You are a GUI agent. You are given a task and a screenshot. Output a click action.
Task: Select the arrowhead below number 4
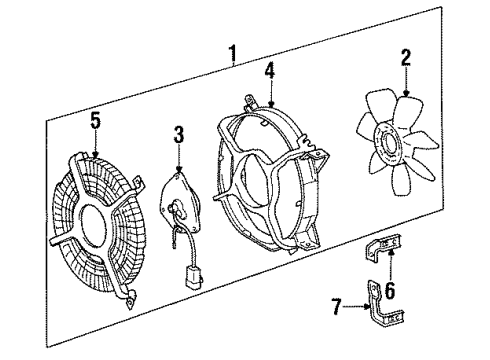271,107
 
